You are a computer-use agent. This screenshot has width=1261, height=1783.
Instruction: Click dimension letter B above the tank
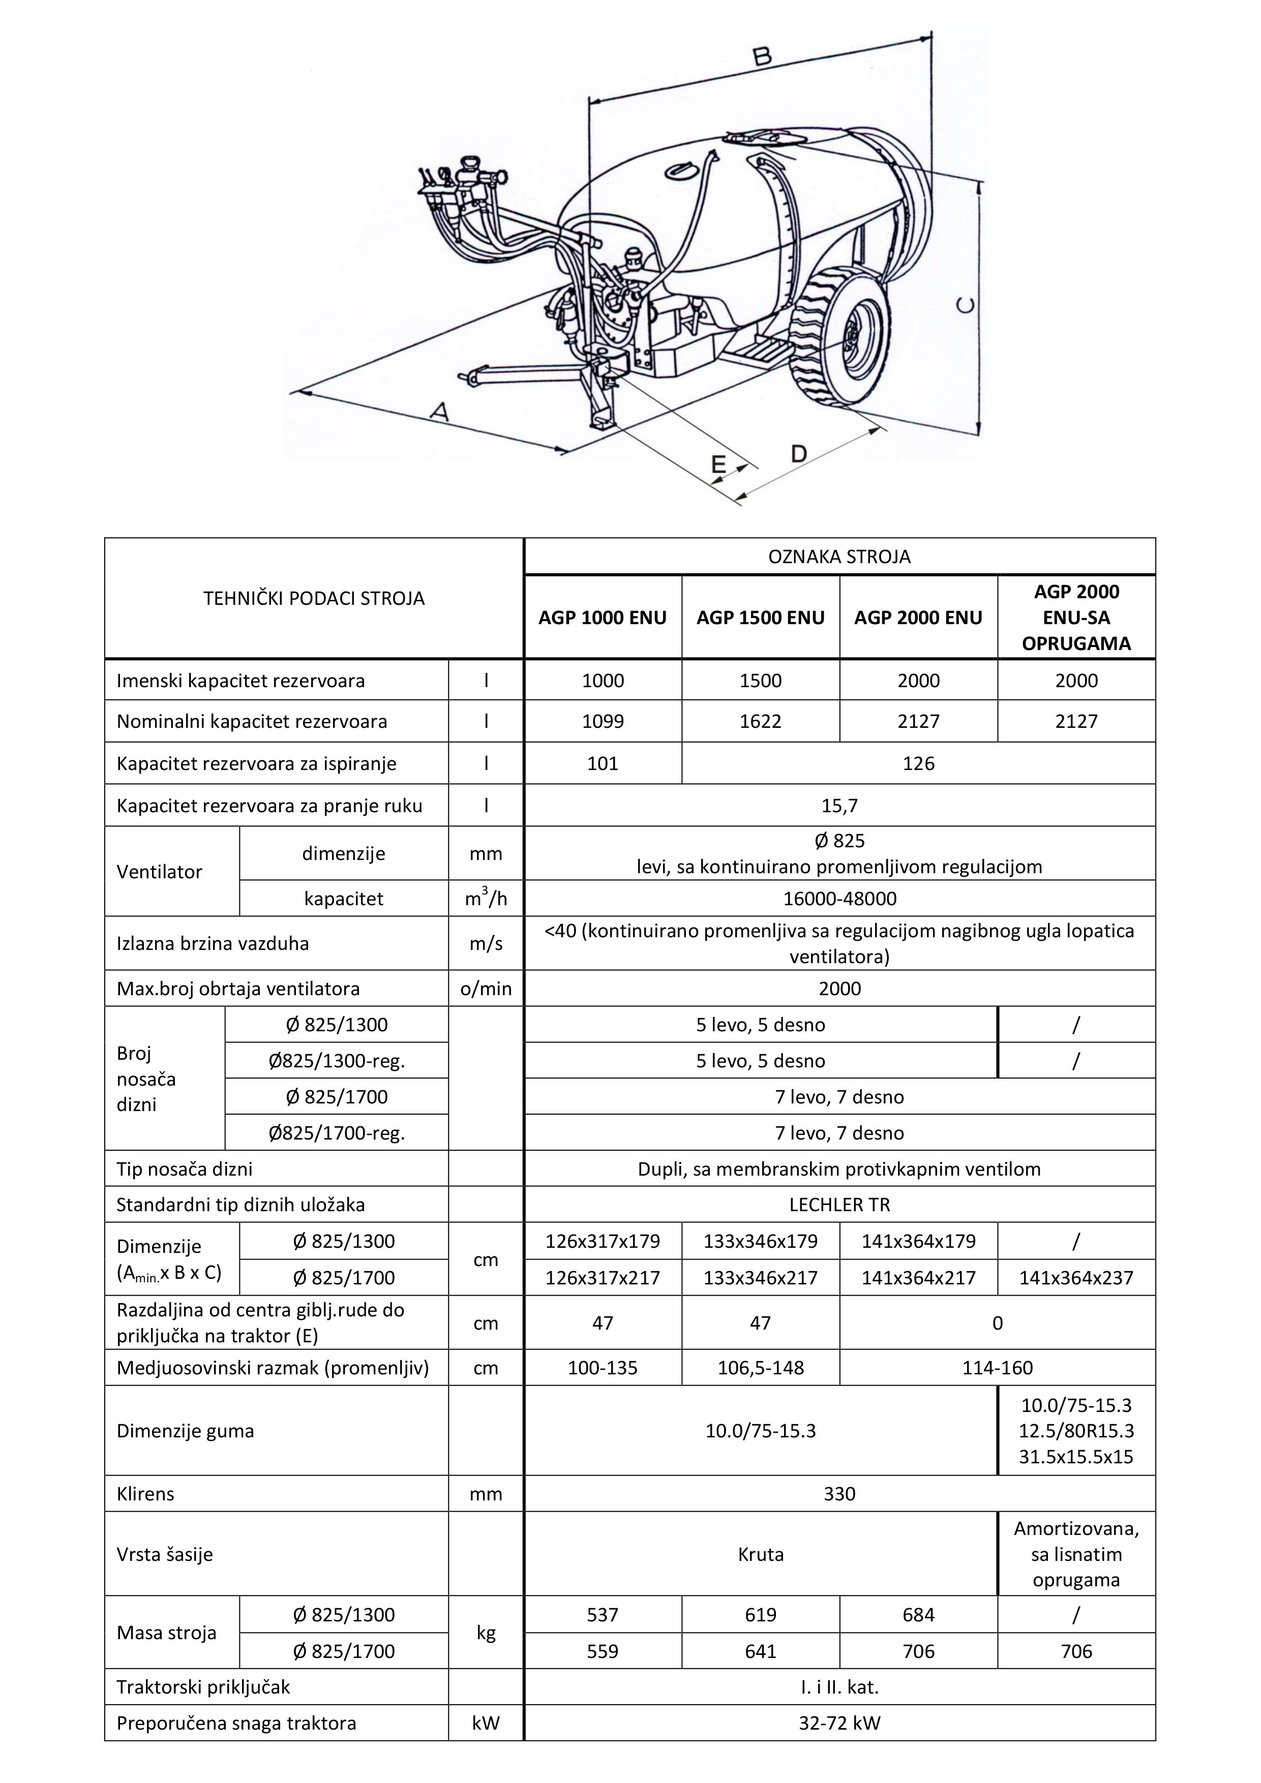click(762, 56)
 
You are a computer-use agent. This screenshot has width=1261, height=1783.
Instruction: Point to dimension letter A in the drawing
click(440, 412)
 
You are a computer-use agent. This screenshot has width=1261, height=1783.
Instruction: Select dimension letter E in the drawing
click(718, 465)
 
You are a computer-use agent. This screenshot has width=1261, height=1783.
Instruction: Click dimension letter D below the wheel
click(799, 453)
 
